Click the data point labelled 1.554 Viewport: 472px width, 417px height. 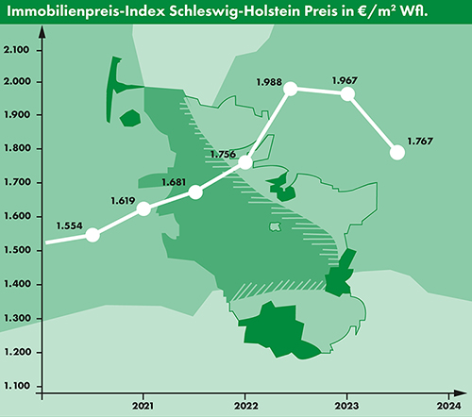93,235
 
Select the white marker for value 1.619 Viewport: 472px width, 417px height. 143,208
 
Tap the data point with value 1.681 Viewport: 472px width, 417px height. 195,192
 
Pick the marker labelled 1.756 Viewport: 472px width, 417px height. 246,162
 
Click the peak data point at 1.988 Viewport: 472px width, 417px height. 291,89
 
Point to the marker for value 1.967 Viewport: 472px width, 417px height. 347,93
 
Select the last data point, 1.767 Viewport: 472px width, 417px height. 397,152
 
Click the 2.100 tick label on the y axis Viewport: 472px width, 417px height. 17,49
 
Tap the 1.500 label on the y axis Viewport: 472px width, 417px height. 17,250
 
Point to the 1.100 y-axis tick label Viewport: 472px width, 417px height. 17,386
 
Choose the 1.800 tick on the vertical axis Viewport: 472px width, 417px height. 17,149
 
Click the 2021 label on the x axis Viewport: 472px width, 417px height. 143,406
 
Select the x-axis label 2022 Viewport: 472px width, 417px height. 245,406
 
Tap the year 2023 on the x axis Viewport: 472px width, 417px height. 346,406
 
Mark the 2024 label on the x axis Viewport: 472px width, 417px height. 448,406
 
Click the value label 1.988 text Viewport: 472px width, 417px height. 269,83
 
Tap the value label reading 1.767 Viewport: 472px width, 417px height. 420,142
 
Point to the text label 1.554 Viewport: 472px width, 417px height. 69,226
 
